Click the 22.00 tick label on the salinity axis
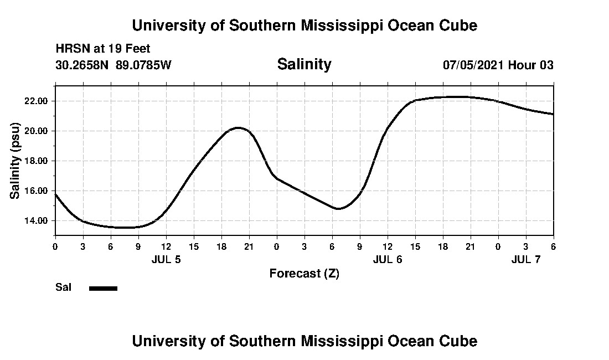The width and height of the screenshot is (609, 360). coord(37,101)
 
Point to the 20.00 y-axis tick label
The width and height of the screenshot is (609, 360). coord(37,131)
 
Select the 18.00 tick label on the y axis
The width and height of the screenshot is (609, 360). coord(37,161)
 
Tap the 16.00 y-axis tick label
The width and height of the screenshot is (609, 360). coord(37,191)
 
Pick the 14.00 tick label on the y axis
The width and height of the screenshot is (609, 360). coord(37,221)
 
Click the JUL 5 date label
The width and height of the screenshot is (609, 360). coord(166,259)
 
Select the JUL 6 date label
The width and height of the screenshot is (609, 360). coord(388,259)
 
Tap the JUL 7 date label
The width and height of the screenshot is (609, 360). coord(525,259)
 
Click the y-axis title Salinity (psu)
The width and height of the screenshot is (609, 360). coord(16,161)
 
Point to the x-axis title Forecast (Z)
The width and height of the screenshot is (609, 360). coord(304,274)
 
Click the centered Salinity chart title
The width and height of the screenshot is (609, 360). coord(304,64)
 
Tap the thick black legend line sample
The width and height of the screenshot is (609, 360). coord(104,288)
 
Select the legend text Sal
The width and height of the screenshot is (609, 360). coord(64,287)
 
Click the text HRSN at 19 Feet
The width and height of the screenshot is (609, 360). coord(103,49)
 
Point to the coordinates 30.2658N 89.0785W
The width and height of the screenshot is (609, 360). coord(113,65)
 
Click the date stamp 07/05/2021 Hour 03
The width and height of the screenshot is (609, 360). coord(498,65)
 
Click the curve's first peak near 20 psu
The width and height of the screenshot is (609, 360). coord(238,128)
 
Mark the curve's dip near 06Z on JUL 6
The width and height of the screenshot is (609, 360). coord(338,208)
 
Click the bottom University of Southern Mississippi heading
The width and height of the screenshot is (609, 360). coord(304,341)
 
